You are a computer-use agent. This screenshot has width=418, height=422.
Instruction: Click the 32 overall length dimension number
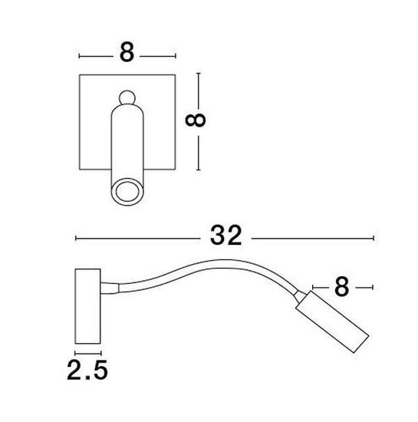click(x=225, y=236)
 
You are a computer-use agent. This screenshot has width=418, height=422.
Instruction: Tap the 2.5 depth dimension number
click(x=87, y=370)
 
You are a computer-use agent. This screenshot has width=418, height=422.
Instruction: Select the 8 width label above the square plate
click(x=127, y=52)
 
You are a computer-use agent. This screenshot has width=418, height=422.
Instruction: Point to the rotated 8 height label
click(x=196, y=120)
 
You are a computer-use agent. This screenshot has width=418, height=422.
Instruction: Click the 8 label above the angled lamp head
click(x=341, y=287)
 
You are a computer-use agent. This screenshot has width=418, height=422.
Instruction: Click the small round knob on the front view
click(x=127, y=97)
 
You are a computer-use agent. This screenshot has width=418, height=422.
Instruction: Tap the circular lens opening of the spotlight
click(x=127, y=192)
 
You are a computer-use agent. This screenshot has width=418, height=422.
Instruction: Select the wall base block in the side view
click(x=87, y=306)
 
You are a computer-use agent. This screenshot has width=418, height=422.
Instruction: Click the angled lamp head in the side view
click(x=332, y=321)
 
